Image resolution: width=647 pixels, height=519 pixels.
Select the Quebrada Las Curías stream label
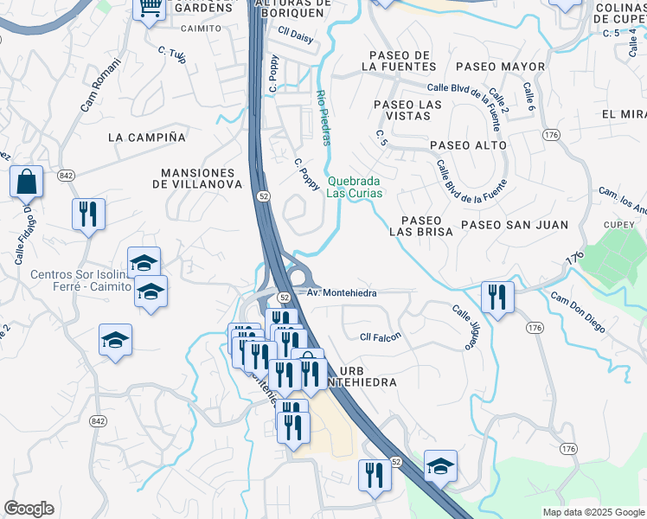point(354,187)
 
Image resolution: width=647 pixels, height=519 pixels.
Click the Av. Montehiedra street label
point(343,293)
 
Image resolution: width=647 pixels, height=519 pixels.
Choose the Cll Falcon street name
point(381,336)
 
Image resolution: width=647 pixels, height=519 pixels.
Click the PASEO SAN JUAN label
point(514,225)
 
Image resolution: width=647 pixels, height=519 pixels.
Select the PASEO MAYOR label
point(500,67)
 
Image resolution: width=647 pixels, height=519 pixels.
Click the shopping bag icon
point(26,183)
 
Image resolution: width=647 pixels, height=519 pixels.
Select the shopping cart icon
point(150,9)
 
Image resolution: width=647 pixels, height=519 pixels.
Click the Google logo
point(29,509)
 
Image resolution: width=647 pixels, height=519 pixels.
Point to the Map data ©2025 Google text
point(593,512)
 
